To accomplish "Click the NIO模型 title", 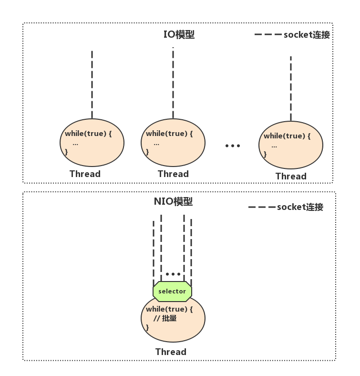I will pyautogui.click(x=173, y=201).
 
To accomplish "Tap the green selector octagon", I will pyautogui.click(x=172, y=291).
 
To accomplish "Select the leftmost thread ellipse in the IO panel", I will pyautogui.click(x=92, y=143).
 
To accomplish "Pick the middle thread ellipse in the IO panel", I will pyautogui.click(x=173, y=143).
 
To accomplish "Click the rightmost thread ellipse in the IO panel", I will pyautogui.click(x=290, y=145).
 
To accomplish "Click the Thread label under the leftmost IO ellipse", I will pyautogui.click(x=85, y=174).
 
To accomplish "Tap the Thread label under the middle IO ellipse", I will pyautogui.click(x=173, y=174).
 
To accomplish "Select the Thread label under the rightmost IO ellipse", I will pyautogui.click(x=291, y=176).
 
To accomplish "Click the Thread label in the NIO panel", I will pyautogui.click(x=171, y=352).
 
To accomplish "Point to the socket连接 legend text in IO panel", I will pyautogui.click(x=307, y=35).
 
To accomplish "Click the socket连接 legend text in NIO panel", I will pyautogui.click(x=300, y=207).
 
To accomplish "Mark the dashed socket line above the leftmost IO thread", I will pyautogui.click(x=92, y=84).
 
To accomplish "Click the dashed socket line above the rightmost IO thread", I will pyautogui.click(x=290, y=88).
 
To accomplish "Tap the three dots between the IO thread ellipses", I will pyautogui.click(x=233, y=146).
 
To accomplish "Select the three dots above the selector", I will pyautogui.click(x=173, y=274).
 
